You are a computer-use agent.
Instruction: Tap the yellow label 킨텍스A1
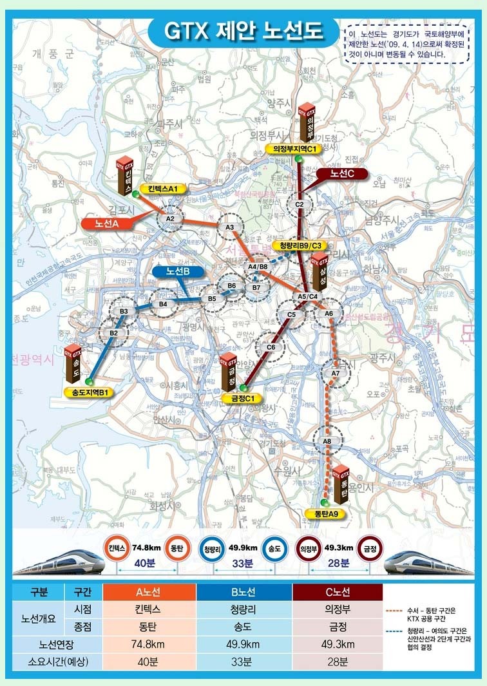coord(162,189)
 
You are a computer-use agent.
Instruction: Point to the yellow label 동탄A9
coord(327,513)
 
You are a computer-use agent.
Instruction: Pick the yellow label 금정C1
coord(239,398)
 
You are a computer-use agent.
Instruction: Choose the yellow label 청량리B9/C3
coord(301,245)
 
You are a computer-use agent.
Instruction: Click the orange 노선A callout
coord(108,224)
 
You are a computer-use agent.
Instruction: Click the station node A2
coord(171,219)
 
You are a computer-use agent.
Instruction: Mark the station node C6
coord(271,347)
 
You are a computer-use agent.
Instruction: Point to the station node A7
coord(335,373)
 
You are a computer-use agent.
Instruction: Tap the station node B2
coord(113,332)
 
